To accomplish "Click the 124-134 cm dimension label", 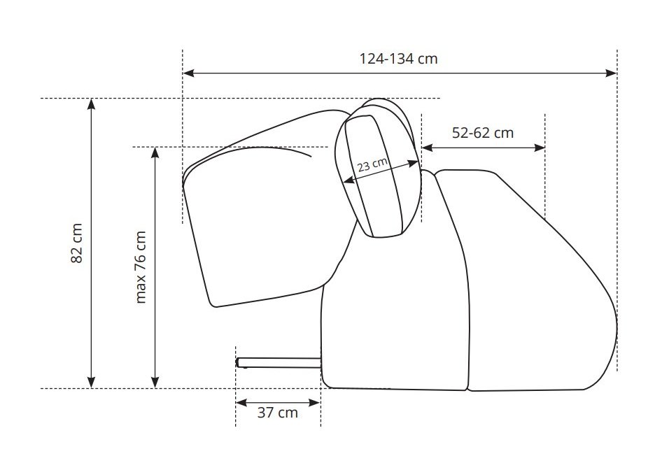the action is pyautogui.click(x=398, y=59).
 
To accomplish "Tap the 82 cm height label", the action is pyautogui.click(x=76, y=243).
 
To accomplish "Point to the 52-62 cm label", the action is pyautogui.click(x=483, y=133).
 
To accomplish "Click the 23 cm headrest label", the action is pyautogui.click(x=372, y=164).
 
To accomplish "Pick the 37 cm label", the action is pyautogui.click(x=277, y=413).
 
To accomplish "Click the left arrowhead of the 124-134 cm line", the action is pyautogui.click(x=188, y=73).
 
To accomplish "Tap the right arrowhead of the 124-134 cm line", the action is pyautogui.click(x=612, y=73).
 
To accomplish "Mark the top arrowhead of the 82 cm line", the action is pyautogui.click(x=91, y=104).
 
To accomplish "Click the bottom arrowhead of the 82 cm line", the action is pyautogui.click(x=91, y=383).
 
